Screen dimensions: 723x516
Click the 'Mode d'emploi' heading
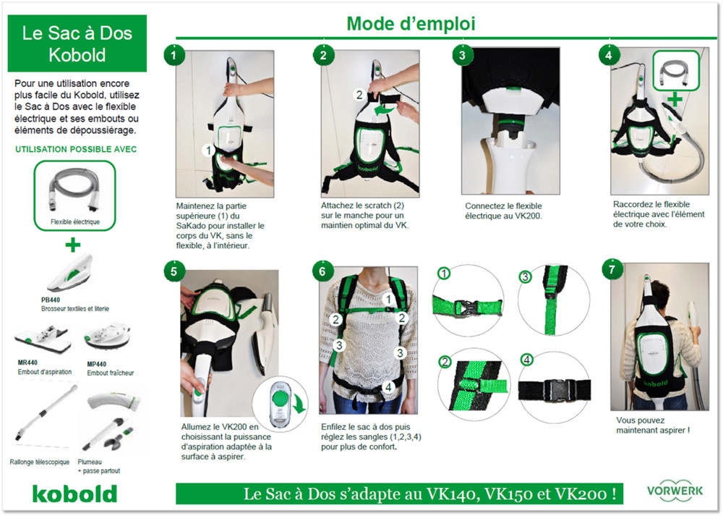click(411, 24)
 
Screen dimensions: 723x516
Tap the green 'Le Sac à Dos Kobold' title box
click(77, 43)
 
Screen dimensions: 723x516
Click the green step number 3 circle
click(463, 56)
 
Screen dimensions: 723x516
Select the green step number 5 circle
click(174, 271)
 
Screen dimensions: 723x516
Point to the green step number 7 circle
click(612, 269)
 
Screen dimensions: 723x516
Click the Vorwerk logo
click(675, 491)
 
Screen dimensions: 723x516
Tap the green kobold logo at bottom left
click(74, 494)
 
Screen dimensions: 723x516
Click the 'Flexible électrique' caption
click(75, 222)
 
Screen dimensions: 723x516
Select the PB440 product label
click(51, 300)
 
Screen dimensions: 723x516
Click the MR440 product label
click(27, 363)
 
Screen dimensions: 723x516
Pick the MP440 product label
click(97, 364)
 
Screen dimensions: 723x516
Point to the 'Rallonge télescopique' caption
click(40, 462)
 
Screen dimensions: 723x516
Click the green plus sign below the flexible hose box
click(73, 244)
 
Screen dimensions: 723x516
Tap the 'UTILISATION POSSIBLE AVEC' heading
click(76, 150)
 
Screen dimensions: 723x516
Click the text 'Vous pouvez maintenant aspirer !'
click(652, 425)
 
